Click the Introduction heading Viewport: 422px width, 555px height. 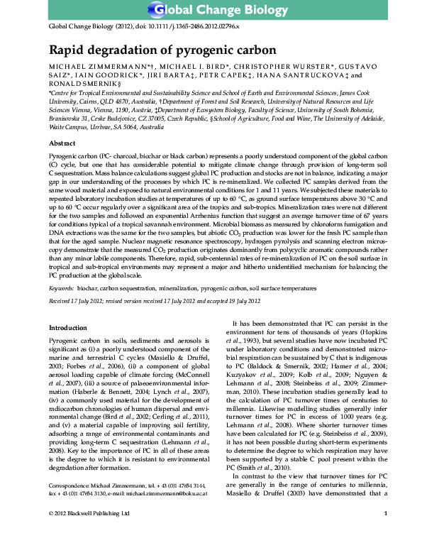coord(67,328)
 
